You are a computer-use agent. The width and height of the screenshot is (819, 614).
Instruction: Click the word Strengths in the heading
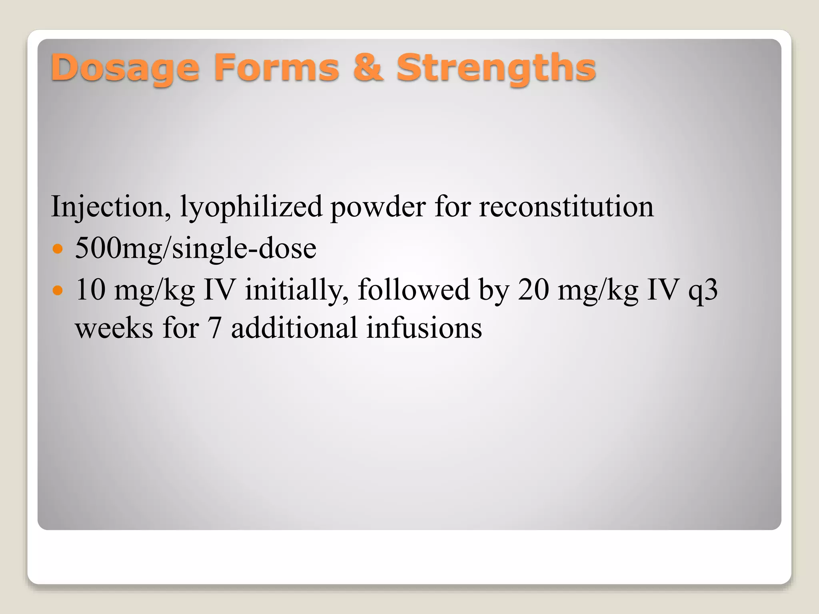click(496, 68)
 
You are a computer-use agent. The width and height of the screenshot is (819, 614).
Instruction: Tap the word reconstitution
click(566, 207)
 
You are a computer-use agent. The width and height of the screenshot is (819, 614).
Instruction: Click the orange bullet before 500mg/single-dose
click(58, 249)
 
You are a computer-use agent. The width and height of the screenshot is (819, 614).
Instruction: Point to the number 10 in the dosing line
click(90, 289)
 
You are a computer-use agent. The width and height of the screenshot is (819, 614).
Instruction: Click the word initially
click(296, 290)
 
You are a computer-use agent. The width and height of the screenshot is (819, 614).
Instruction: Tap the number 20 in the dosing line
click(533, 289)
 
